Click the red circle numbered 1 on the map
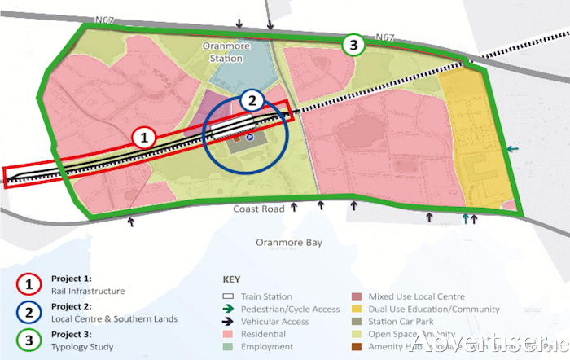click(144, 138)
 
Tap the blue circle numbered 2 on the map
click(253, 101)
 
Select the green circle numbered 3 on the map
click(353, 46)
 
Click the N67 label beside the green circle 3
click(386, 37)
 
